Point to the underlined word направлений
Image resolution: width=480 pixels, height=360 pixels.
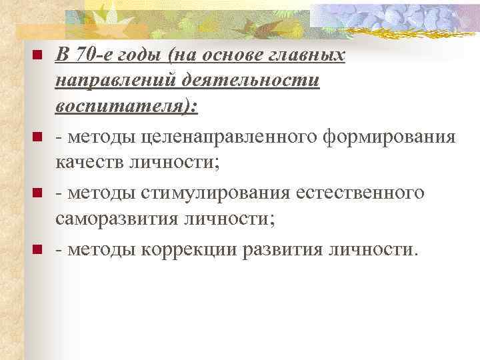[110, 81]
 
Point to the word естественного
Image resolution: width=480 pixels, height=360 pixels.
[366, 193]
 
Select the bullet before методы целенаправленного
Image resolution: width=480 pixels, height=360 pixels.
[37, 137]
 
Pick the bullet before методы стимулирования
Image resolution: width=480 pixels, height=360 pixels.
[37, 193]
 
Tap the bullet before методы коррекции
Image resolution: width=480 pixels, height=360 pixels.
[37, 249]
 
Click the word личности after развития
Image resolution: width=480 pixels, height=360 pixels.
[377, 249]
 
